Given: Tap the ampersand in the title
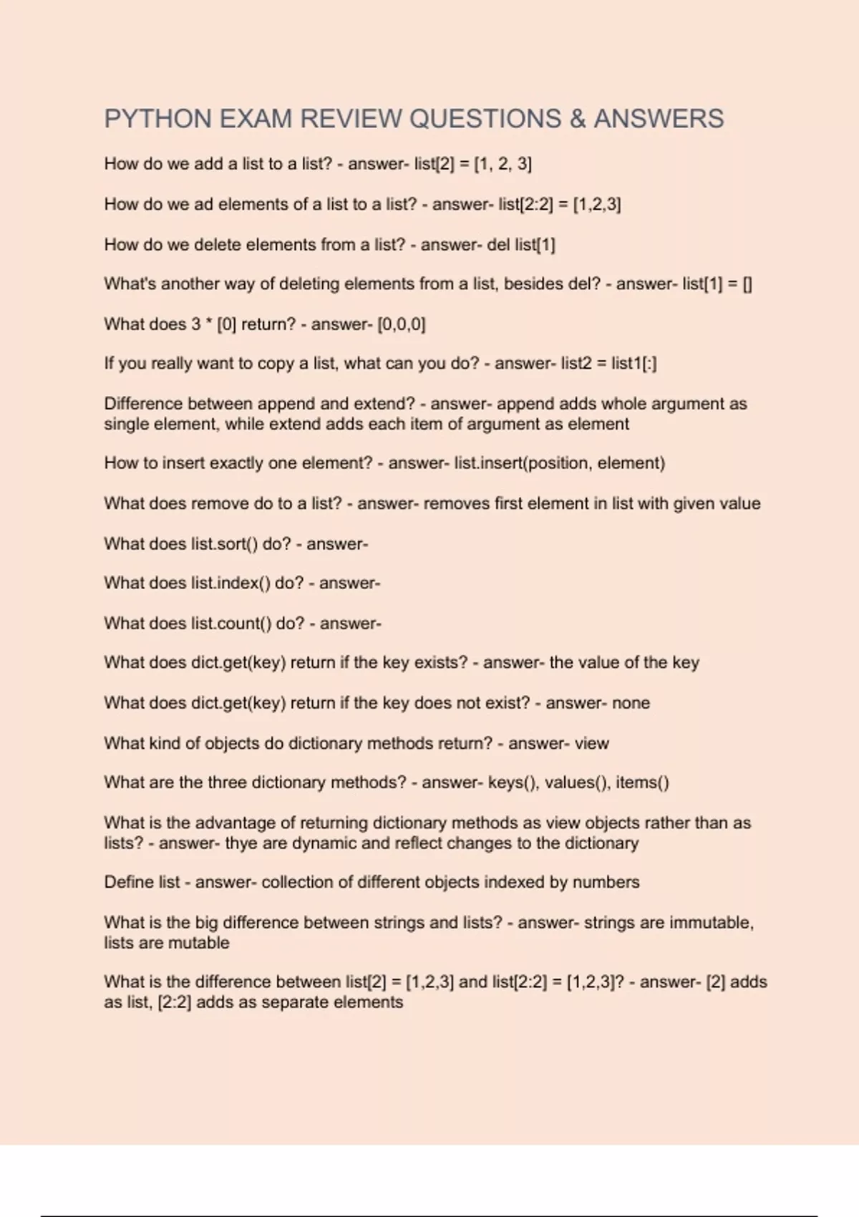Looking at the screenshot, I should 577,119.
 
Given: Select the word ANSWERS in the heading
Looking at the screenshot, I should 659,119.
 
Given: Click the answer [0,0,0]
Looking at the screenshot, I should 401,324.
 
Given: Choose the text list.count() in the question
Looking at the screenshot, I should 230,624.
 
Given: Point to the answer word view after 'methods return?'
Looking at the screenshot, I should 591,743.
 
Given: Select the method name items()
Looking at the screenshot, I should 642,782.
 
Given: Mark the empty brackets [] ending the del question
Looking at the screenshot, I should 747,284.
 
